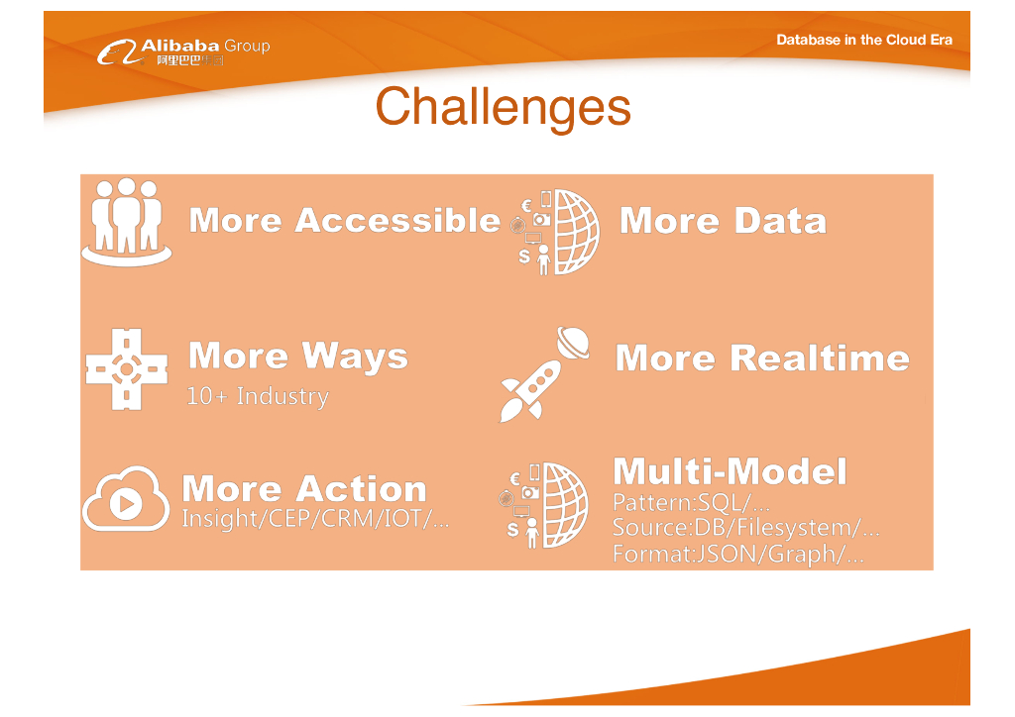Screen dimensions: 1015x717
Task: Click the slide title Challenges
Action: pyautogui.click(x=503, y=107)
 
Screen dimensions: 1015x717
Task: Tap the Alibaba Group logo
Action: pyautogui.click(x=183, y=51)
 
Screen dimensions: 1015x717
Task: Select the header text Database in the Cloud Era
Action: pyautogui.click(x=864, y=40)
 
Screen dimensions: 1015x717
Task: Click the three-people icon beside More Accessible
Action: pyautogui.click(x=126, y=223)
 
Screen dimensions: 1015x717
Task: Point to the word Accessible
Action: pyautogui.click(x=397, y=221)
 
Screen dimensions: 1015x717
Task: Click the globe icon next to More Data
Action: pyautogui.click(x=558, y=232)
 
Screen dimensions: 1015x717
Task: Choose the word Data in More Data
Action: pyautogui.click(x=780, y=221)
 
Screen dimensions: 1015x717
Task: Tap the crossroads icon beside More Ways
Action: pyautogui.click(x=127, y=369)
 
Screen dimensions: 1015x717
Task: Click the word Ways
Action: pyautogui.click(x=355, y=357)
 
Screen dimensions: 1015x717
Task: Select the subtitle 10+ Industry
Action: pyautogui.click(x=258, y=396)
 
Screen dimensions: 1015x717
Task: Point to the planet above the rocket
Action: pyautogui.click(x=573, y=342)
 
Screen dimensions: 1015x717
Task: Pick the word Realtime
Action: pyautogui.click(x=820, y=358)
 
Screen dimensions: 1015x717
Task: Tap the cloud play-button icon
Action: pyautogui.click(x=126, y=498)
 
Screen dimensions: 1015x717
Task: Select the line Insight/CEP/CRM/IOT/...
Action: pyautogui.click(x=315, y=519)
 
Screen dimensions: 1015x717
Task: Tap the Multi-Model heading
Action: pyautogui.click(x=730, y=471)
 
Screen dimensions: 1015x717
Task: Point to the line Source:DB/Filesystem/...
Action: pyautogui.click(x=745, y=528)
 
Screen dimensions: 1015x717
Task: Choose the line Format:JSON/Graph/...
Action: pyautogui.click(x=737, y=554)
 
